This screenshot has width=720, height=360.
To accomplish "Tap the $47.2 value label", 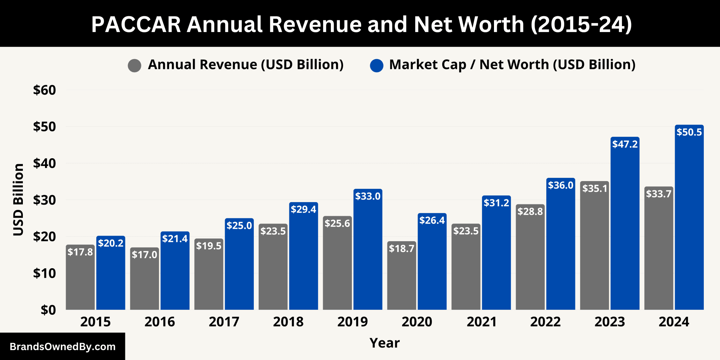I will pos(625,144).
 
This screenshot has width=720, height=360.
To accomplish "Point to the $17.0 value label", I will pos(144,255).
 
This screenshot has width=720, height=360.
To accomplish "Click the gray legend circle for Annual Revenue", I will pos(135,65).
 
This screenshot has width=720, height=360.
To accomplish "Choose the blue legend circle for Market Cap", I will pos(377,65).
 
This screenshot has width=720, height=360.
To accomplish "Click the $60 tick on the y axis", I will pos(45,90).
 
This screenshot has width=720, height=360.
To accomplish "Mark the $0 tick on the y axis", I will pos(48,310).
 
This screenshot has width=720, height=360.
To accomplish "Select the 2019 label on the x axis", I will pos(352,322).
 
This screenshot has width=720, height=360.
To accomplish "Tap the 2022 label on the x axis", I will pos(545,322).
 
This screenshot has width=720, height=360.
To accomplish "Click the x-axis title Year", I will pos(385,343).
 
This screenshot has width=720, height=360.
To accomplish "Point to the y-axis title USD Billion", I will pos(18,200).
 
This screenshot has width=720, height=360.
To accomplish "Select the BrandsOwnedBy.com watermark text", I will pos(63,347).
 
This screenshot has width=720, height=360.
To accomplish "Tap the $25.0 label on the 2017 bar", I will pos(239,225).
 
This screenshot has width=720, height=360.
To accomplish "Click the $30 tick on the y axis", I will pos(45,200).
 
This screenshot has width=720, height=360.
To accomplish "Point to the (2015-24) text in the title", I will pos(580,25).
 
